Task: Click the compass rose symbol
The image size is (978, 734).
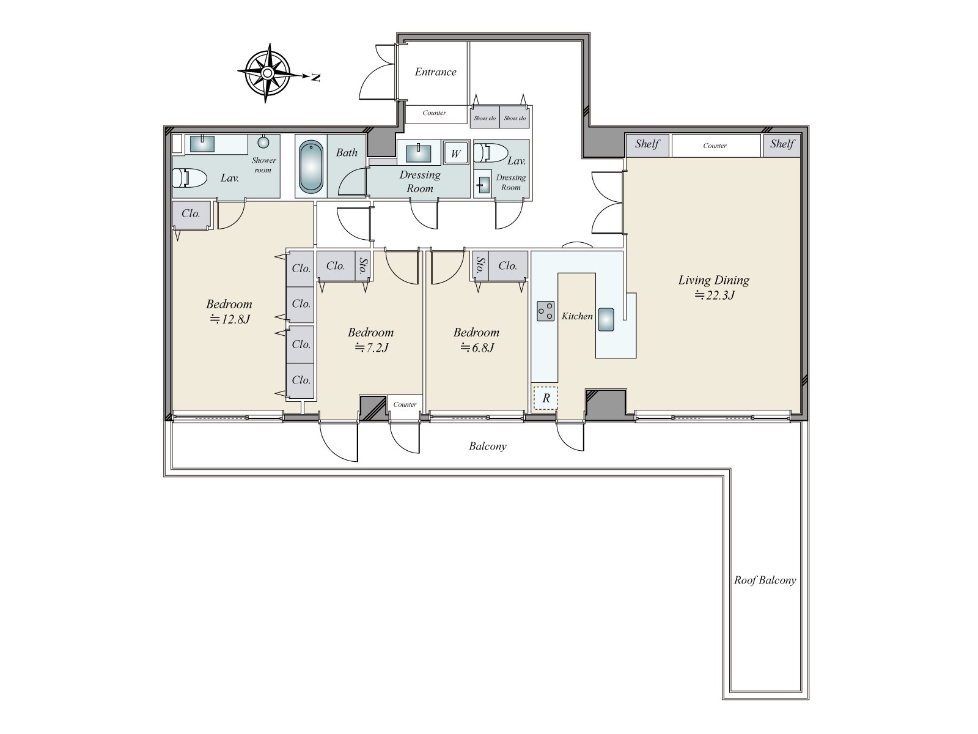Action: click(267, 73)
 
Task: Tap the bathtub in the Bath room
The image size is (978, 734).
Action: click(311, 167)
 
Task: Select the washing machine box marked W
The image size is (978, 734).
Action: click(456, 154)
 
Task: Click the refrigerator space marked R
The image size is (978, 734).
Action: click(546, 398)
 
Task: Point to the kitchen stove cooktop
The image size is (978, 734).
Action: click(545, 311)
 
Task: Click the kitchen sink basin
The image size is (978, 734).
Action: click(606, 319)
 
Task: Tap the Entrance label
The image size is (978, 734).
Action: click(435, 72)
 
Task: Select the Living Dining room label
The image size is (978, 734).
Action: click(714, 280)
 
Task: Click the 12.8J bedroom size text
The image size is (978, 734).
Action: click(230, 319)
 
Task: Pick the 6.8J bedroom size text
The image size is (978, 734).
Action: click(477, 347)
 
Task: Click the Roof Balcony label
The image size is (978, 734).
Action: click(765, 580)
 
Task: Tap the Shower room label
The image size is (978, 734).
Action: click(264, 165)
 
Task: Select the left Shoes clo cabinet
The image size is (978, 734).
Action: click(485, 117)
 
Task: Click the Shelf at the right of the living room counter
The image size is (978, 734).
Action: click(782, 146)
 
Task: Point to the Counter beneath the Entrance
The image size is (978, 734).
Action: click(435, 113)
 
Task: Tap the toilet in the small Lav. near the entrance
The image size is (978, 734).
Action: click(491, 153)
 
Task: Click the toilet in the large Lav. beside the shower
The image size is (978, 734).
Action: click(190, 178)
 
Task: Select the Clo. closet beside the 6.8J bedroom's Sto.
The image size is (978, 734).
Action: click(508, 266)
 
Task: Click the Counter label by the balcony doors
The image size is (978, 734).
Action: click(405, 405)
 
